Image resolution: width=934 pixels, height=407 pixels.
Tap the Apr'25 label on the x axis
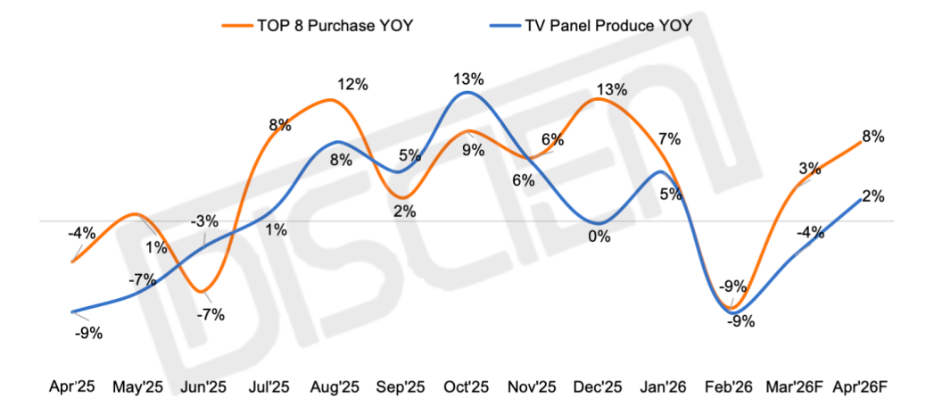73,387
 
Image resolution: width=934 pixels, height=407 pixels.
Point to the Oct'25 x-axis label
467,387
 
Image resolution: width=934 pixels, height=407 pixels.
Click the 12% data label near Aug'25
352,85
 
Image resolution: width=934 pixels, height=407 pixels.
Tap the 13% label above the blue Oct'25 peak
468,79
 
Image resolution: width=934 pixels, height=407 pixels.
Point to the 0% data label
599,237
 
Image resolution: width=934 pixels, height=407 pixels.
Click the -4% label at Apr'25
82,234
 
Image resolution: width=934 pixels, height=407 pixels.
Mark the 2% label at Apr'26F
873,196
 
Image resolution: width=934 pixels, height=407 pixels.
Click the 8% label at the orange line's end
873,137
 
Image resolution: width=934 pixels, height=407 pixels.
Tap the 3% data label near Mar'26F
809,168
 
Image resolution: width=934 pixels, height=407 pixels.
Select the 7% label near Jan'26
670,138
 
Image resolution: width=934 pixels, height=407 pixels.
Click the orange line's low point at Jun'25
205,291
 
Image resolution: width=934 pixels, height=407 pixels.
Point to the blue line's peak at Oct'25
467,92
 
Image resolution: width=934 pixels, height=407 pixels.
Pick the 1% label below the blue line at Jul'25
276,230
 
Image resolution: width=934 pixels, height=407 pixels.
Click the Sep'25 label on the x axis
402,387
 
